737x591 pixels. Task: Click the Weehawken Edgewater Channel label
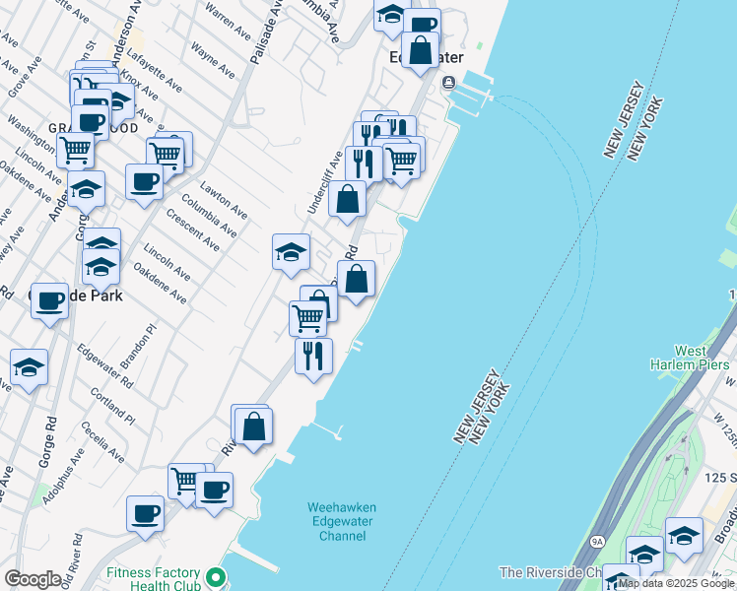coord(342,521)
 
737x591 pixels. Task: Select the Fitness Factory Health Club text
coord(153,579)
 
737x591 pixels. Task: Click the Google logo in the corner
coord(33,579)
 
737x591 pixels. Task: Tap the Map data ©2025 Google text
coord(677,583)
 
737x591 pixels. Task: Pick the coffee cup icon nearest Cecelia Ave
coord(146,514)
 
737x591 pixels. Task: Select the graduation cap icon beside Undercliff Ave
coord(291,252)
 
